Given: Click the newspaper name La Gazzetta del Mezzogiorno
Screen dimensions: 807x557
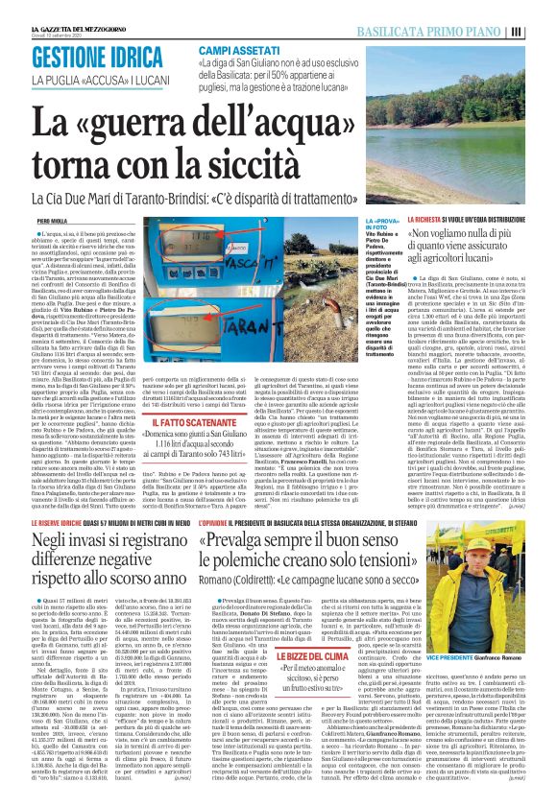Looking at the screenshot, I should [x=56, y=7].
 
